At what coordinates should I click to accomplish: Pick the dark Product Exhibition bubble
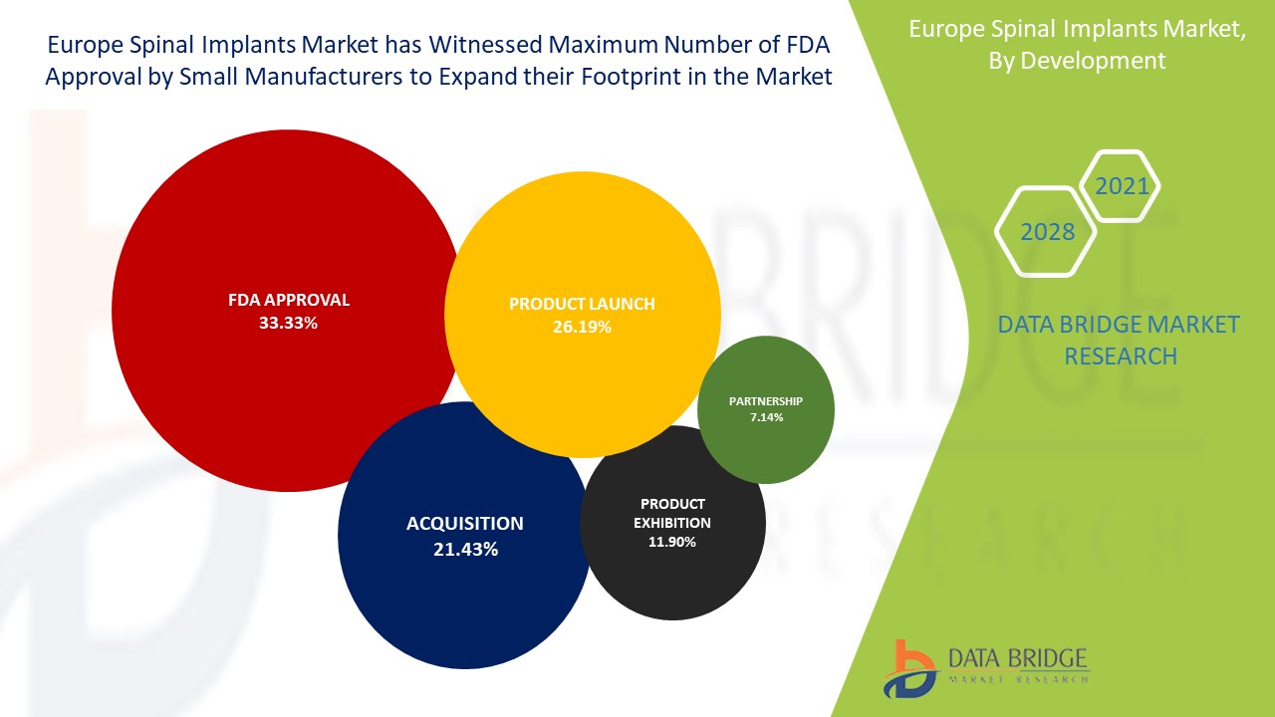pyautogui.click(x=673, y=578)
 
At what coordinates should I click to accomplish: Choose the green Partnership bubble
pyautogui.click(x=766, y=438)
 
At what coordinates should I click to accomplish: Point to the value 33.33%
pyautogui.click(x=288, y=323)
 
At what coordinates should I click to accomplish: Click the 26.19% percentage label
pyautogui.click(x=582, y=327)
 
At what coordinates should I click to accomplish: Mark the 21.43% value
pyautogui.click(x=465, y=549)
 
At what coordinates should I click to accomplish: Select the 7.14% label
pyautogui.click(x=766, y=417)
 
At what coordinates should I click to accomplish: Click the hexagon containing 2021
pyautogui.click(x=1122, y=185)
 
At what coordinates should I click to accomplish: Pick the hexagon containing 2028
pyautogui.click(x=1047, y=232)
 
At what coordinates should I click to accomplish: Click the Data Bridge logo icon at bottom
pyautogui.click(x=908, y=668)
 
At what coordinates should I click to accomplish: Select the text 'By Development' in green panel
pyautogui.click(x=1076, y=60)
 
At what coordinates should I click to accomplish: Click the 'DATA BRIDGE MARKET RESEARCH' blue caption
pyautogui.click(x=1120, y=340)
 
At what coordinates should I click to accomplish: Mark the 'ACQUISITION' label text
pyautogui.click(x=464, y=523)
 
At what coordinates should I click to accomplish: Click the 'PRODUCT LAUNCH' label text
pyautogui.click(x=582, y=304)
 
